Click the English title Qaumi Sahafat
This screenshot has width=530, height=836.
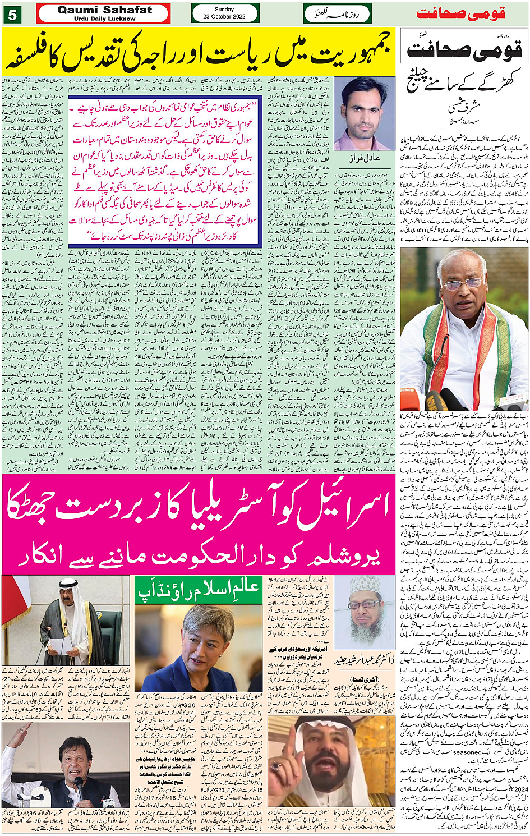tap(105, 10)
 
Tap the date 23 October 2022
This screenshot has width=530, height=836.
tap(224, 17)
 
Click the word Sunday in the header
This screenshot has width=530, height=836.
tap(224, 9)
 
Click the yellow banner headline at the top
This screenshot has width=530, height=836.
tap(199, 53)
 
